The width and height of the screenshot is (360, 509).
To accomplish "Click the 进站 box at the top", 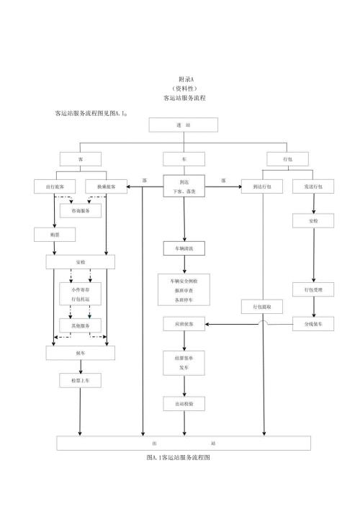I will click(x=183, y=125).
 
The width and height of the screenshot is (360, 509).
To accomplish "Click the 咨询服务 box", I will click(x=80, y=211).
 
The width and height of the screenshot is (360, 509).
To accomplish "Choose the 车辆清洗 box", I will click(x=184, y=249).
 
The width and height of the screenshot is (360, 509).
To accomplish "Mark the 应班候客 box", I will click(x=184, y=324).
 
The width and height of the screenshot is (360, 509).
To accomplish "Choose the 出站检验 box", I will click(x=184, y=405).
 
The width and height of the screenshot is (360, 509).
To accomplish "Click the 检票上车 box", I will click(x=80, y=379).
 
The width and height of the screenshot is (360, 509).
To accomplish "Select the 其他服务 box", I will click(x=80, y=325).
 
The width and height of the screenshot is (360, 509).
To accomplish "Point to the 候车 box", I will click(x=80, y=353).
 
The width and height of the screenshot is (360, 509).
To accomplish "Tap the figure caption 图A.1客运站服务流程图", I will click(x=179, y=457).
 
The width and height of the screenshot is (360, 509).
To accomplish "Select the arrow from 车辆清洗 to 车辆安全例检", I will click(x=184, y=265).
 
